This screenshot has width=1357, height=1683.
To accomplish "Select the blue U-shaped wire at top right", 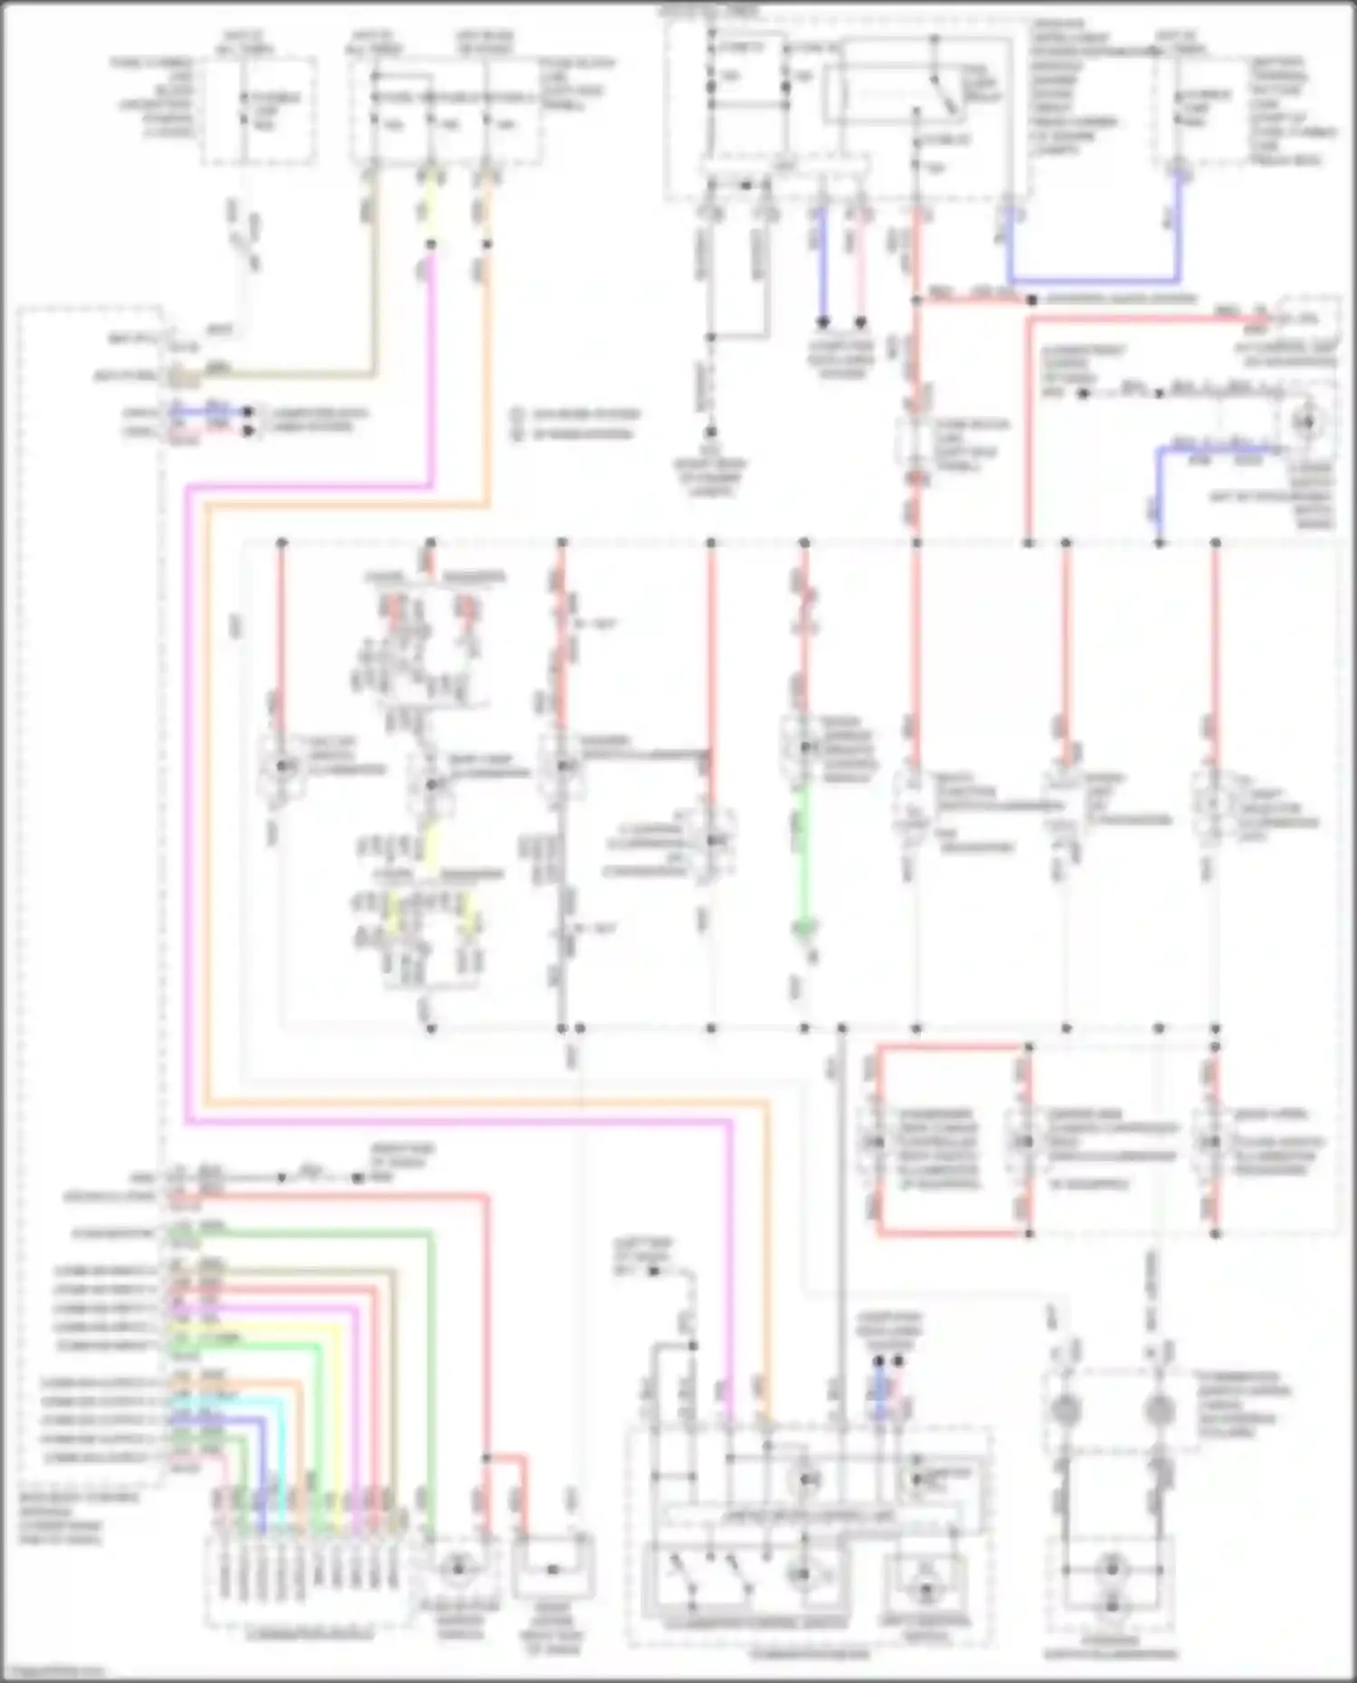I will pos(1095,281).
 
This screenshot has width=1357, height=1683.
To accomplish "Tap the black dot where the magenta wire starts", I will pos(431,244).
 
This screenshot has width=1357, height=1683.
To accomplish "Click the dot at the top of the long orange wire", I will pos(489,244).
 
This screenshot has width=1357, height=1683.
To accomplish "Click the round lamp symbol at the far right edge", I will pos(1305,422).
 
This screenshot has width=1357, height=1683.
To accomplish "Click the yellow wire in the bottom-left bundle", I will pos(335,1411).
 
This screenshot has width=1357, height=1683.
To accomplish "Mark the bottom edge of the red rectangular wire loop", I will pos(950,1233).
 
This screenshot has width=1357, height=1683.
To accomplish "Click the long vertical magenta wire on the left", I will pos(187,814).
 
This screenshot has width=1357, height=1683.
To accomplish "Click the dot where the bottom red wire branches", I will pos(487,1459).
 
